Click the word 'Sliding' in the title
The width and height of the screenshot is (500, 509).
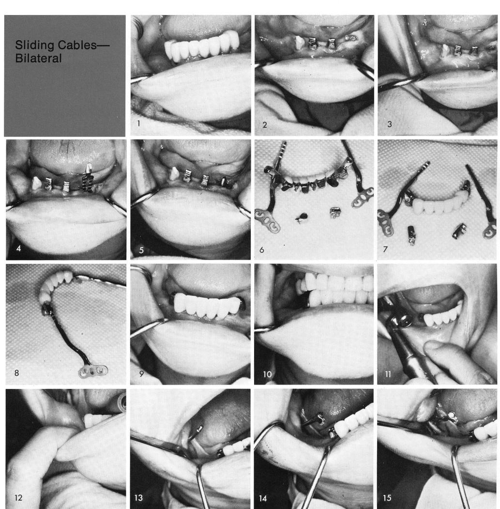33,46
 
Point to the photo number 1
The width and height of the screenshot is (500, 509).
138,123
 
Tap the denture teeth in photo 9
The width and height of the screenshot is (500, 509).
199,305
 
